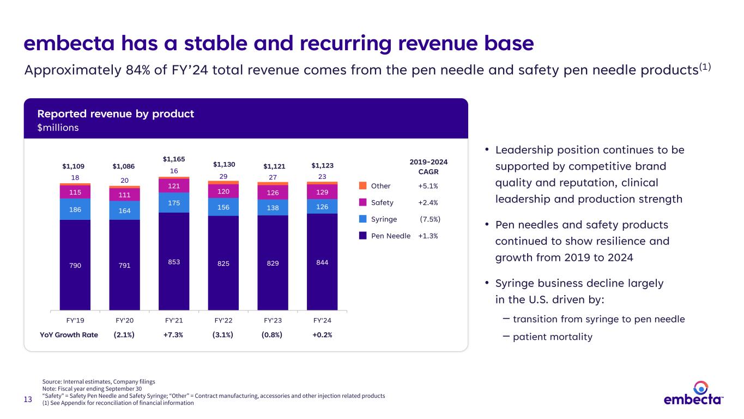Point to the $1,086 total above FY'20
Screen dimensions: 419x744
coord(124,166)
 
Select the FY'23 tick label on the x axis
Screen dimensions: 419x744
coord(273,320)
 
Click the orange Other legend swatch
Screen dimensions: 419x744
coord(363,186)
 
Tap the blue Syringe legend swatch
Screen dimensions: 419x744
coord(363,219)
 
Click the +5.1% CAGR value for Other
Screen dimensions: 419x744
coord(428,186)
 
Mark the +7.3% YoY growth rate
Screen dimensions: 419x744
coord(173,335)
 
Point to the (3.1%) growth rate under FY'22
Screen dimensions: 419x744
coord(223,335)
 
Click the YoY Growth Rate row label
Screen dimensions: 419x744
coord(69,335)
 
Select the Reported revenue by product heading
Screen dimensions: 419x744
coord(116,114)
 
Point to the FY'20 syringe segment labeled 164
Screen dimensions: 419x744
coord(124,210)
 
